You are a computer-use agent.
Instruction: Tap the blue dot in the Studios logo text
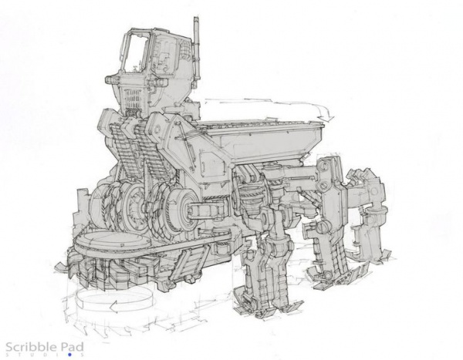[70, 355]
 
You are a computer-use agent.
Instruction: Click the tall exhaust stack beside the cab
[196, 52]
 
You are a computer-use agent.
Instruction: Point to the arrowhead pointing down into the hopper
[326, 117]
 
